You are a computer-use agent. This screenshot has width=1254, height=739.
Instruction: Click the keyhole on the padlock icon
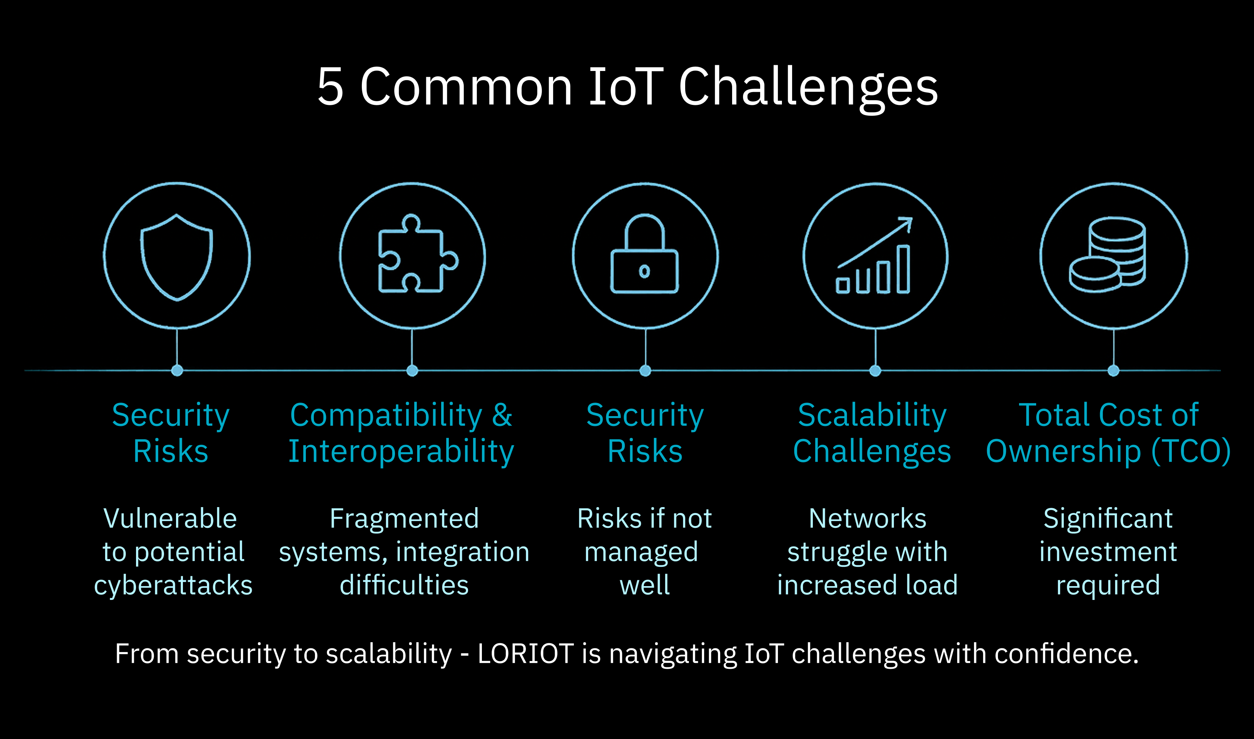coord(644,272)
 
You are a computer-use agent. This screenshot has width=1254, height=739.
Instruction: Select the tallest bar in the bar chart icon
coord(903,269)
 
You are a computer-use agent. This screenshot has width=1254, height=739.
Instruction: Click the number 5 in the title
coord(331,87)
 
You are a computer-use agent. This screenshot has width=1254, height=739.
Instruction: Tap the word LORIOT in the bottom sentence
coord(526,653)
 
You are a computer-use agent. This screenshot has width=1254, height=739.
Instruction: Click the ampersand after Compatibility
coord(502,415)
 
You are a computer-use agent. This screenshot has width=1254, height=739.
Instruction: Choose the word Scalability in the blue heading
coord(872,415)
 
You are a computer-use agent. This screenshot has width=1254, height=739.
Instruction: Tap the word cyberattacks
coord(173,585)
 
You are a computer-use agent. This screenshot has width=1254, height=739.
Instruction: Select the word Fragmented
coord(404,519)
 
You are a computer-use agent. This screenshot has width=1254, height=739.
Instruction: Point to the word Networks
coord(867,519)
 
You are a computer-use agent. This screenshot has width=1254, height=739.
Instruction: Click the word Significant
coord(1108,519)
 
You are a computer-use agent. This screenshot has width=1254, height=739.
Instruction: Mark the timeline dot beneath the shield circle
coord(177,371)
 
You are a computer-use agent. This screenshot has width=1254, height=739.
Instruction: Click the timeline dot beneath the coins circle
coord(1114,371)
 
